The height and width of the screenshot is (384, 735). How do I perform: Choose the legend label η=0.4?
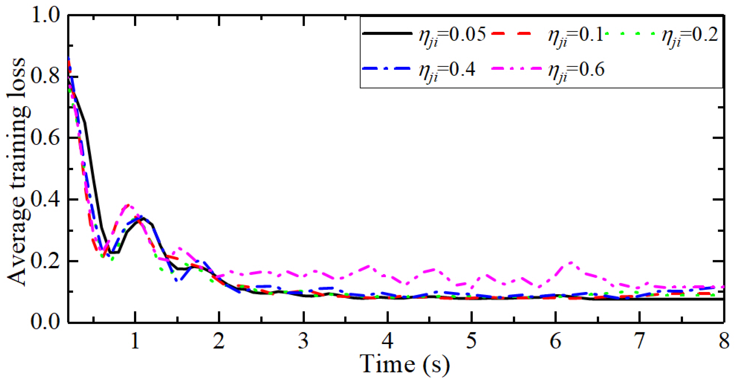coord(447,70)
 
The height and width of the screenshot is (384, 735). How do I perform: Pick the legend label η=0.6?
coord(576,70)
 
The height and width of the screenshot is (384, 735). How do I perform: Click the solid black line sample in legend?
coord(387,33)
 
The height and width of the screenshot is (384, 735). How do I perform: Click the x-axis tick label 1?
coord(135,341)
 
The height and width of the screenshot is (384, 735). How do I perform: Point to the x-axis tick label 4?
coord(387,341)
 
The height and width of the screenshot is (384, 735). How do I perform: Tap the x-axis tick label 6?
coord(556,341)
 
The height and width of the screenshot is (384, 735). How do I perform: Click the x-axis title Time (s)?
coord(404,365)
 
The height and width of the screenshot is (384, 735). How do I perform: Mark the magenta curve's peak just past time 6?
coord(570,263)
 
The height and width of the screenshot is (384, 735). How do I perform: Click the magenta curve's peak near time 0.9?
coord(128,205)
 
